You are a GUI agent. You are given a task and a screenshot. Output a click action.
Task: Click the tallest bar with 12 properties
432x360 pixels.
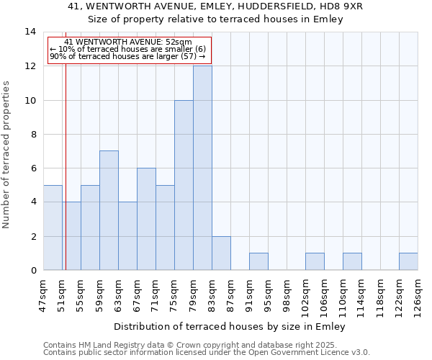[202, 168]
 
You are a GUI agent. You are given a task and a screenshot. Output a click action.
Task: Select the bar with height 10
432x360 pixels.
[184, 185]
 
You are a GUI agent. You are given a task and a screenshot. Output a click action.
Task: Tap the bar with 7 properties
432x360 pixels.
[109, 210]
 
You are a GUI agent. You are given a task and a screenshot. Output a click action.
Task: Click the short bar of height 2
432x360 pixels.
[221, 253]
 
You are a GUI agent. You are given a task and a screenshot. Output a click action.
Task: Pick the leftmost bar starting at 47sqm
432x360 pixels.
[53, 228]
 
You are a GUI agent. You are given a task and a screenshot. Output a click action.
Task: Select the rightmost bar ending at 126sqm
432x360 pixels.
[408, 261]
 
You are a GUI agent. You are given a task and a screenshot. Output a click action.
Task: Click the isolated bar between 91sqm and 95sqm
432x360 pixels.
[258, 261]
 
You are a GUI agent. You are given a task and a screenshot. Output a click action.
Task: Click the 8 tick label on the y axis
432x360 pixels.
[32, 134]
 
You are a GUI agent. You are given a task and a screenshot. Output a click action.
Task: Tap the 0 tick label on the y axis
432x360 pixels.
[32, 270]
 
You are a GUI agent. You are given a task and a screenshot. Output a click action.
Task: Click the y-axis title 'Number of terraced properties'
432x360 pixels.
[7, 154]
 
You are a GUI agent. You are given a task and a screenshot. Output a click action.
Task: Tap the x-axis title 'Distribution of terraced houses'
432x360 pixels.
[230, 326]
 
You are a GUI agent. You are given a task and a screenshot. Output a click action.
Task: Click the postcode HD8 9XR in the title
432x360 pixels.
[344, 6]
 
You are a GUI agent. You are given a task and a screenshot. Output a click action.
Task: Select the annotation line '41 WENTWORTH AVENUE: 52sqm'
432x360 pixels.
[128, 42]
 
